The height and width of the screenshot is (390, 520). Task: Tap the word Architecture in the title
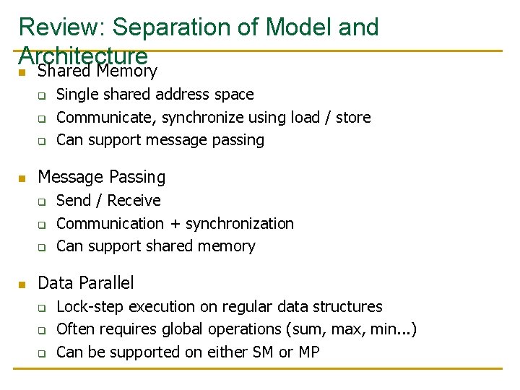(83, 55)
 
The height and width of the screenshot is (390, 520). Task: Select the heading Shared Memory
(97, 71)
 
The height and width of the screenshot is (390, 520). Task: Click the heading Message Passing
(101, 177)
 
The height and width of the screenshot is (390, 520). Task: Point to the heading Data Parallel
(85, 282)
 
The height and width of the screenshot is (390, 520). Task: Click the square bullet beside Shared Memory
(22, 72)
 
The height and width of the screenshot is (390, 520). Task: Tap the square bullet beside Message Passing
(22, 178)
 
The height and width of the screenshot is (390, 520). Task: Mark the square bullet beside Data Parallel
(22, 284)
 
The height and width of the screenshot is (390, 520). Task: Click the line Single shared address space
(155, 95)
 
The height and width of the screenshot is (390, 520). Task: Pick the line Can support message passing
(160, 140)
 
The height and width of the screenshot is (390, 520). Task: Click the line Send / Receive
(108, 201)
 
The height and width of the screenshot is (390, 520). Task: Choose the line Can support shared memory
(155, 246)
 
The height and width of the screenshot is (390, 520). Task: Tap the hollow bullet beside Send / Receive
(42, 202)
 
